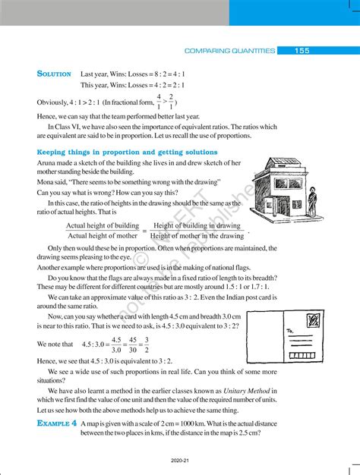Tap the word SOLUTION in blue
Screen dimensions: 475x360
click(54, 74)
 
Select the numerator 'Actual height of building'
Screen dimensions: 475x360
click(103, 226)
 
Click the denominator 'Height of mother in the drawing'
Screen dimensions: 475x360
click(197, 236)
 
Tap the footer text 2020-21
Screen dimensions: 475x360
click(180, 461)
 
